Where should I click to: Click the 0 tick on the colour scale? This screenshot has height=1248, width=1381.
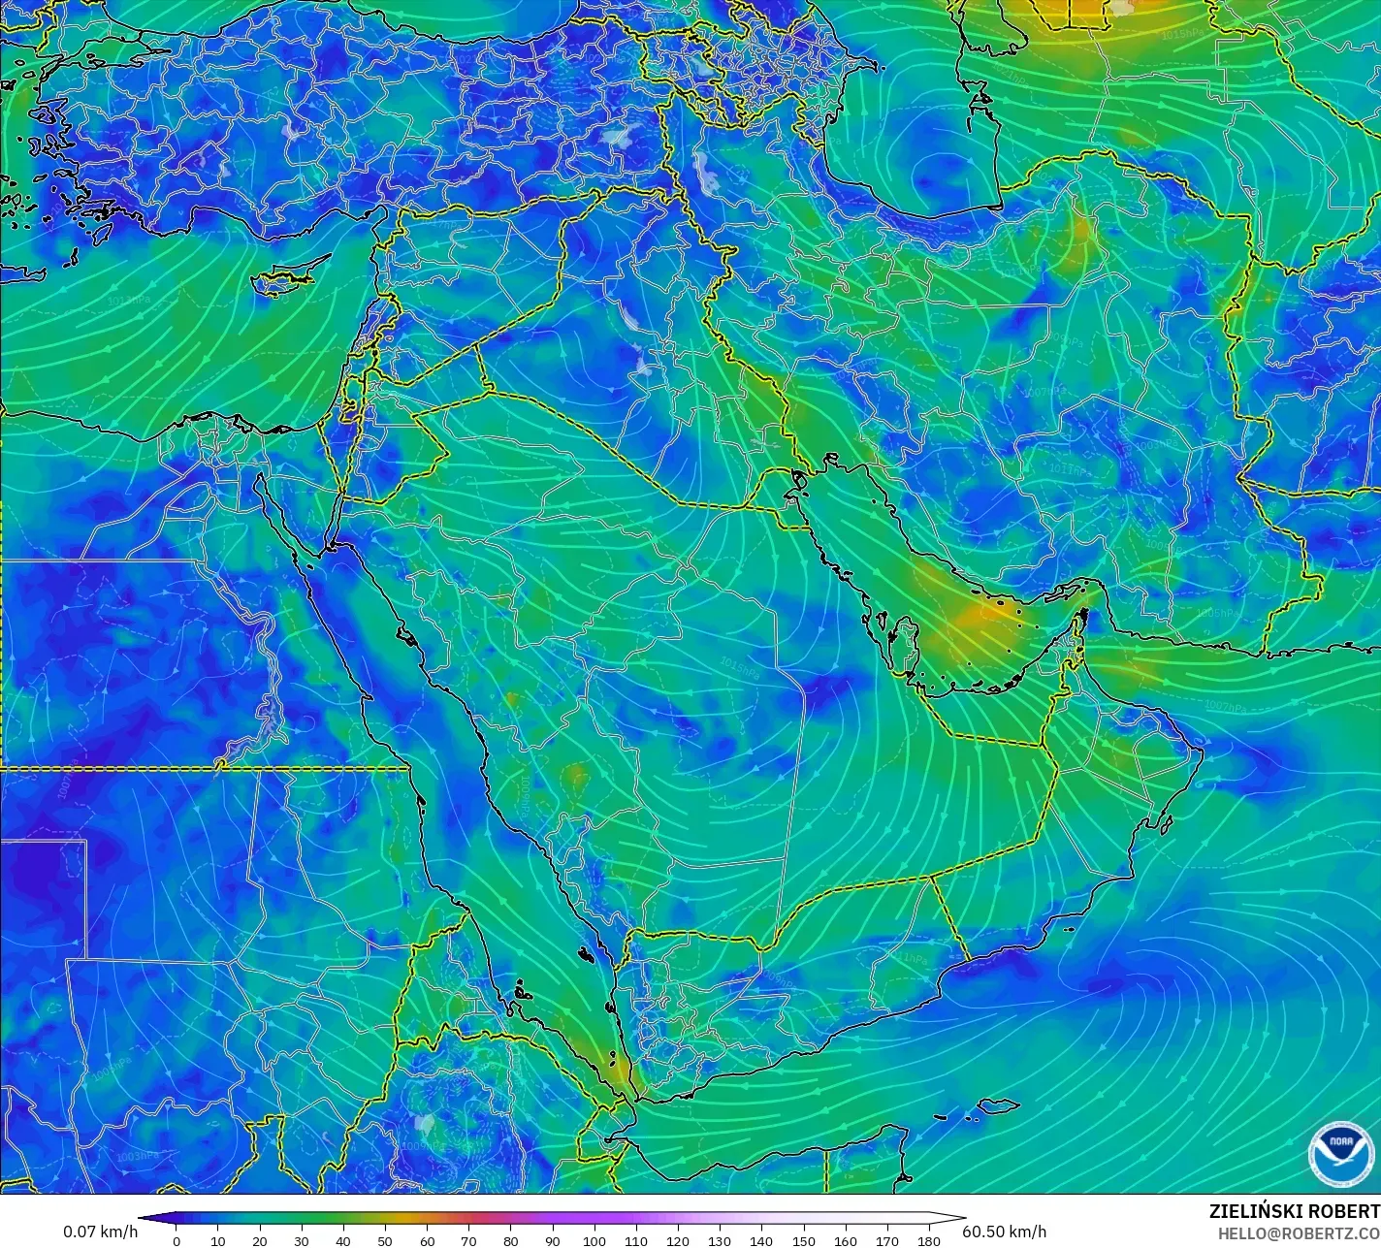176,1240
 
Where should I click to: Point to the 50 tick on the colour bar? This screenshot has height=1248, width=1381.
385,1240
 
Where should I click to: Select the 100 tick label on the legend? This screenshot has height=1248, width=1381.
594,1240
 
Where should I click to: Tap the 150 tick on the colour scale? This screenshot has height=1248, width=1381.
804,1240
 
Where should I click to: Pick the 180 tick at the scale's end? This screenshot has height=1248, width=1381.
929,1240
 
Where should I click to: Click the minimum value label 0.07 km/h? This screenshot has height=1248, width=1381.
101,1232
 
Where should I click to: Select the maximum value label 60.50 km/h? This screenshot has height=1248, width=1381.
1004,1232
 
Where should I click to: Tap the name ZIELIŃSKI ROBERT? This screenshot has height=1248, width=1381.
1294,1211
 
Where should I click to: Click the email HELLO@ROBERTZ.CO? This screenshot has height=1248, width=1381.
1299,1232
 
